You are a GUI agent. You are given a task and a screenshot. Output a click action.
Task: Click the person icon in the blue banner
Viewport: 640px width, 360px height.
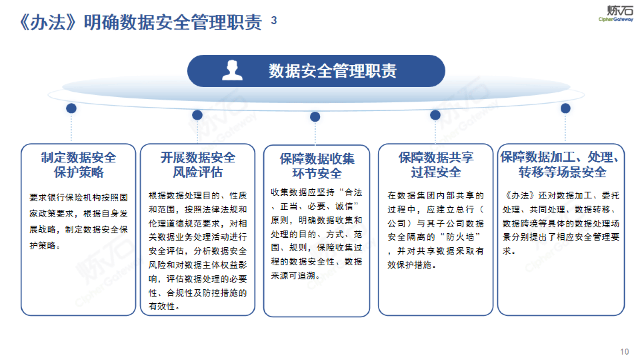232,70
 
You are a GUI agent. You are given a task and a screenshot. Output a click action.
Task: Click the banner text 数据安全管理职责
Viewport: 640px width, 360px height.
332,71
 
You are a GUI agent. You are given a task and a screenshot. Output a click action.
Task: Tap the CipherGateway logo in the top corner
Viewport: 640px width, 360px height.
616,14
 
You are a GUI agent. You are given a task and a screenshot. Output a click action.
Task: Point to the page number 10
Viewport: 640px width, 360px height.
624,352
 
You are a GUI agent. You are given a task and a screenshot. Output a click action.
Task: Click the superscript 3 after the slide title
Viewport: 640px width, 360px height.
274,20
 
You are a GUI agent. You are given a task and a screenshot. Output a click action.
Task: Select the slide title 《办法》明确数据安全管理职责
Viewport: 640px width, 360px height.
141,22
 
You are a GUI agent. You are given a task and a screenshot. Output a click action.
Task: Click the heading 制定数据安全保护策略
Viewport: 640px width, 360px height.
79,165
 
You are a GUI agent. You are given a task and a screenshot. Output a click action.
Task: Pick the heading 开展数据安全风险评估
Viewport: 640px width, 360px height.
198,165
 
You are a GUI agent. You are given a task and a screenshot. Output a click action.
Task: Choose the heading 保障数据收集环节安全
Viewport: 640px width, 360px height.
317,166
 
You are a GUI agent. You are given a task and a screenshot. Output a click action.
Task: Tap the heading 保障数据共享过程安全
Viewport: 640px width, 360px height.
436,165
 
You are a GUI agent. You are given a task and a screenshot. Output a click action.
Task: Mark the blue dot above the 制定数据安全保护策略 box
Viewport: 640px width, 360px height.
71,108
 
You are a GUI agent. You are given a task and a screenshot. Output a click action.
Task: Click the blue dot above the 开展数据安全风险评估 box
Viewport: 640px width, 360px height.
197,115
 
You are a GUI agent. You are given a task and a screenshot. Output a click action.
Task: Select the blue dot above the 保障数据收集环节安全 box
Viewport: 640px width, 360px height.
315,117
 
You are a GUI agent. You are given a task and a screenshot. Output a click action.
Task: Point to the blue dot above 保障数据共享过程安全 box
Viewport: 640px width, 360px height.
435,115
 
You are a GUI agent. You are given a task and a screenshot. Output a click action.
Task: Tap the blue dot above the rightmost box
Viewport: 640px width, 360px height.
565,108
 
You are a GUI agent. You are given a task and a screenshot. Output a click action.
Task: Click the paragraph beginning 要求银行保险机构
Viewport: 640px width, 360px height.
79,221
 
